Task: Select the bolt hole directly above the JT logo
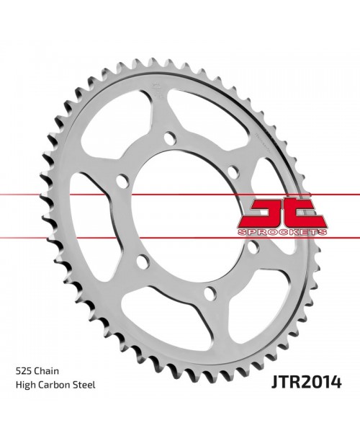[x=233, y=171]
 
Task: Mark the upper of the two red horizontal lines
[x=108, y=195]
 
